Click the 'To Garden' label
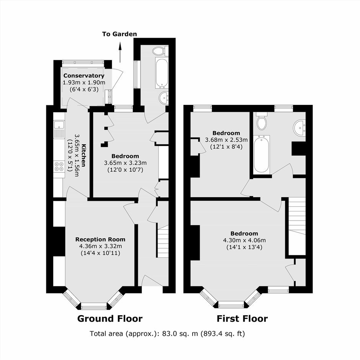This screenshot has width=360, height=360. tap(119, 34)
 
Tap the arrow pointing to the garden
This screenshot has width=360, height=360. tap(120, 52)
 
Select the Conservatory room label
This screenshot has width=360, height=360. tap(84, 75)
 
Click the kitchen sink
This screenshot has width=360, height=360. tap(59, 129)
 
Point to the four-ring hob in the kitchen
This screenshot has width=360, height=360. tap(59, 167)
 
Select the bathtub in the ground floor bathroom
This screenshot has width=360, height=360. tap(162, 73)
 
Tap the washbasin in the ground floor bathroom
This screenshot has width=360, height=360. tap(164, 97)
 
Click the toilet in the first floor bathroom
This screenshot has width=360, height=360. tap(262, 121)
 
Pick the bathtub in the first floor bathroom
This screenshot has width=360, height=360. tap(262, 154)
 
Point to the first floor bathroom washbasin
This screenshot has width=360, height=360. tap(300, 128)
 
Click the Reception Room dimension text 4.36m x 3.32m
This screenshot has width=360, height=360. tap(100, 246)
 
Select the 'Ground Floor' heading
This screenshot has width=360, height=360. tap(110, 319)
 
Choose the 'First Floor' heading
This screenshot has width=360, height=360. tap(242, 319)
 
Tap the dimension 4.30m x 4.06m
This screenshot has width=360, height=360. tap(244, 241)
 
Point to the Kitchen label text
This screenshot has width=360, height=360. tap(84, 155)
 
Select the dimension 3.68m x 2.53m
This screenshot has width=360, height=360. tap(226, 140)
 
